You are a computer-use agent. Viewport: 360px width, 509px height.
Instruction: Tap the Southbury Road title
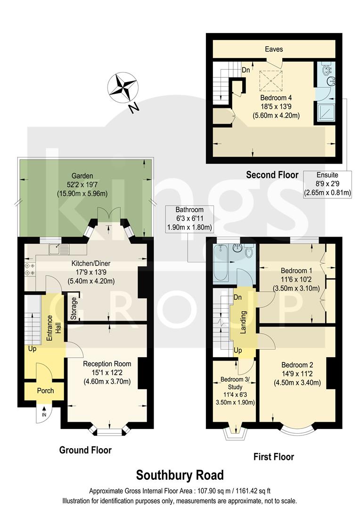(x=180, y=475)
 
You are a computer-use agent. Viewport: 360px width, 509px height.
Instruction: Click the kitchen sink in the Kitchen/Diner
(x=58, y=247)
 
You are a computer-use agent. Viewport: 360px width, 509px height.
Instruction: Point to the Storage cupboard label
(x=74, y=308)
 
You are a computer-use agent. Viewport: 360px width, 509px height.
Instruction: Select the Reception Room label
(x=107, y=364)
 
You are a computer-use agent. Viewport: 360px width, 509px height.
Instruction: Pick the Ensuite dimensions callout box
(x=327, y=184)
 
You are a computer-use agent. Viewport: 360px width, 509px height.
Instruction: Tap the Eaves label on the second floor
(x=273, y=49)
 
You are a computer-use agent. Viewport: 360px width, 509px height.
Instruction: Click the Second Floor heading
(x=272, y=175)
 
